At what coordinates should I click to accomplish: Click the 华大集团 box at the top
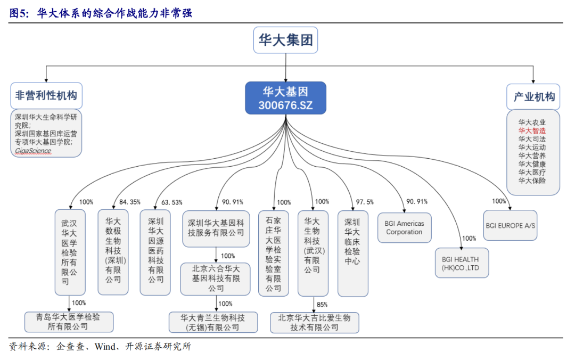pos(285,40)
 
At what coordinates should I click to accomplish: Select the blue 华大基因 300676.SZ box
pos(285,98)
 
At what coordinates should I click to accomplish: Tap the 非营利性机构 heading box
pos(46,95)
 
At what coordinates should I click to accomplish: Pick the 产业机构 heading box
pos(533,96)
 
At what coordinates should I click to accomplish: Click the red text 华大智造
pos(532,130)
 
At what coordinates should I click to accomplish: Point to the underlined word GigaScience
pos(33,151)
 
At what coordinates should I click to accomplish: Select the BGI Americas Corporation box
pos(404,228)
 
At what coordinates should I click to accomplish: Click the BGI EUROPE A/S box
pos(511,225)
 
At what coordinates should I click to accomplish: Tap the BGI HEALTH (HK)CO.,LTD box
pos(461,263)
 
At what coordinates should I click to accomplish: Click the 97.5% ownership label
pos(365,202)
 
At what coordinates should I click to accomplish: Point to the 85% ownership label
pos(322,305)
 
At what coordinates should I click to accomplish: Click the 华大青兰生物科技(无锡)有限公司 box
pos(213,322)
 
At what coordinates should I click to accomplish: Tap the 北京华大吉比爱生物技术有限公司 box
pos(314,322)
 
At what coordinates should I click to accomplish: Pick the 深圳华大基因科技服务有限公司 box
pos(216,228)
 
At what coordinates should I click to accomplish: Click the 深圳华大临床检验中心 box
pos(352,253)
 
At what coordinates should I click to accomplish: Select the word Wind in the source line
pos(106,347)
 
